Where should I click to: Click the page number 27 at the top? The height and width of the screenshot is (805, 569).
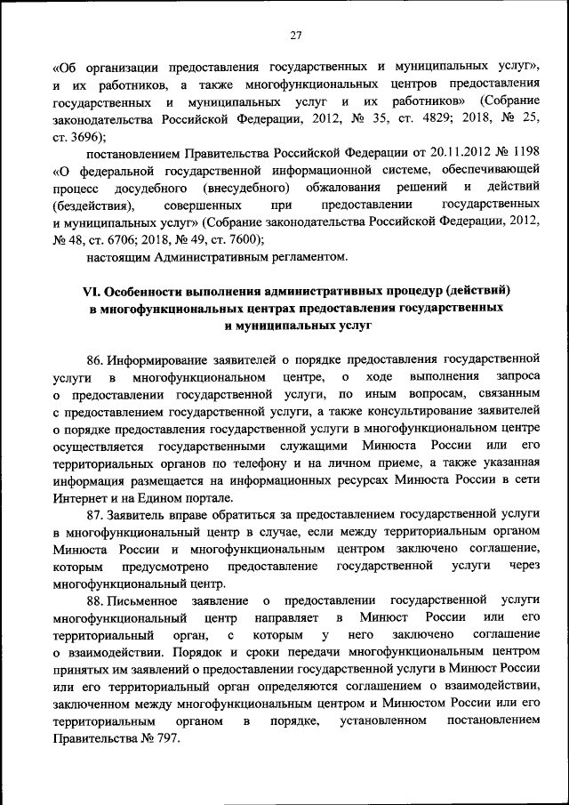(x=295, y=36)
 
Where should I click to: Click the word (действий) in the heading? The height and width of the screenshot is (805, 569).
(x=477, y=291)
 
